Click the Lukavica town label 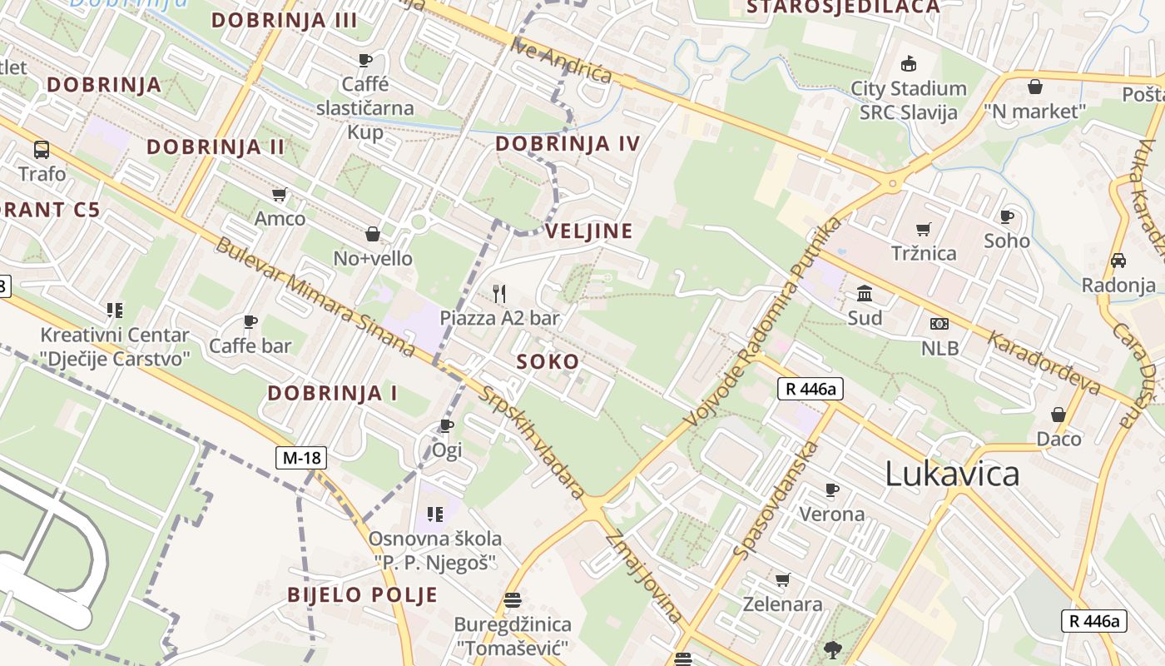(952, 474)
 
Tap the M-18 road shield (301, 457)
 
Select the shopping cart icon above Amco (280, 194)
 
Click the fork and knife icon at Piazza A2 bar (499, 293)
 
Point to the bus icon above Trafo (42, 150)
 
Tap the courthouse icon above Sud (865, 294)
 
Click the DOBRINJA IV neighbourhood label (568, 144)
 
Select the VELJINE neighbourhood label (589, 231)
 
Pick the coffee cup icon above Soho (1007, 216)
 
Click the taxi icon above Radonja (1118, 261)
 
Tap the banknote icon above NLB (939, 324)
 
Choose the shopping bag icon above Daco (1058, 414)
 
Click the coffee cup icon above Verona (831, 490)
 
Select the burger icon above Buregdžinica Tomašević (513, 599)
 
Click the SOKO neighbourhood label (548, 362)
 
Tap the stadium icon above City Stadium (909, 63)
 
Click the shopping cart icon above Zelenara (782, 579)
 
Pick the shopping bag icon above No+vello (373, 234)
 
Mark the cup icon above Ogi (447, 426)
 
